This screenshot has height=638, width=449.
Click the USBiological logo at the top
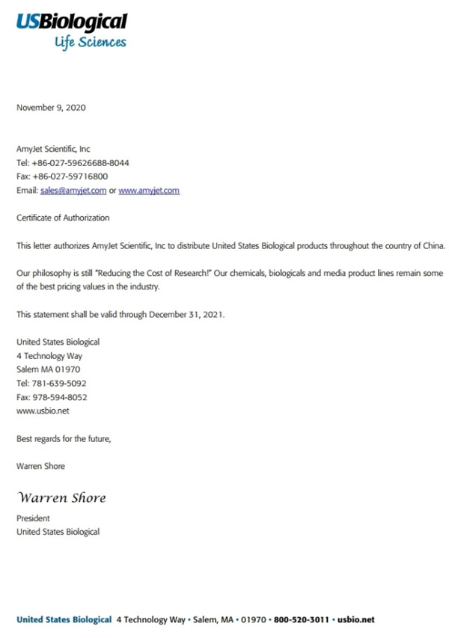[x=72, y=30]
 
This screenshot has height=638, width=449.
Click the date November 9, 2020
[x=51, y=108]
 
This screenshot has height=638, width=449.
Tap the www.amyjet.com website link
[x=149, y=191]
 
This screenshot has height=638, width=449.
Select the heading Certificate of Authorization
[x=63, y=218]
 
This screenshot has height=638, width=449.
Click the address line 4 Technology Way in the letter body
[x=49, y=356]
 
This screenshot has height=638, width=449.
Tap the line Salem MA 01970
[x=49, y=369]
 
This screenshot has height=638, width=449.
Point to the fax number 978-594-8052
[x=61, y=397]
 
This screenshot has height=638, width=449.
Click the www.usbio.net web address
[x=43, y=411]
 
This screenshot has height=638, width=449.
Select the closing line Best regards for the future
[x=64, y=438]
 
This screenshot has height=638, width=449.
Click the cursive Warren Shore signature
[x=61, y=498]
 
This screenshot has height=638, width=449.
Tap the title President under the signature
[x=34, y=518]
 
